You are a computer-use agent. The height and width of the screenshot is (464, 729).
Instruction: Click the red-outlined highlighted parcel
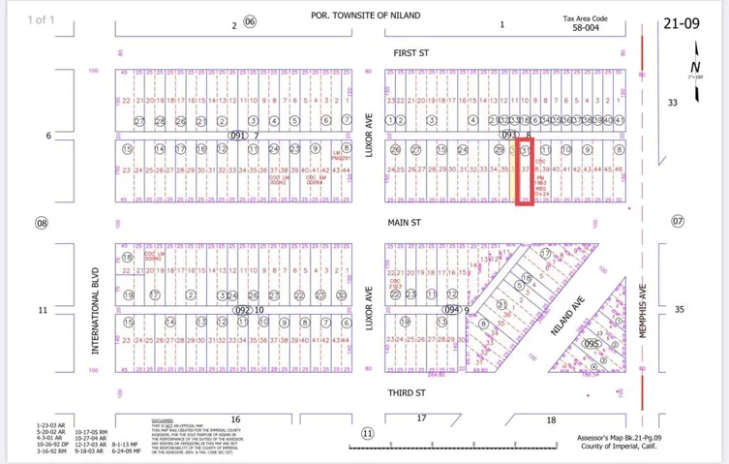tap(525, 171)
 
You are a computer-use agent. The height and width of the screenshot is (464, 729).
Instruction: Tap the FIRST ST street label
tap(410, 53)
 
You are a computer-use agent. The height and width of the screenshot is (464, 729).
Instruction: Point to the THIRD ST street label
tap(407, 392)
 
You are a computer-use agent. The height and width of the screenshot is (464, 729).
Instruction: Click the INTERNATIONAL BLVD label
tap(96, 310)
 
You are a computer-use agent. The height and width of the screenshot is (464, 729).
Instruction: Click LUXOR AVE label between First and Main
tap(369, 135)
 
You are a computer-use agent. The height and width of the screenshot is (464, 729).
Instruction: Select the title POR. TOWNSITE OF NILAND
tap(366, 15)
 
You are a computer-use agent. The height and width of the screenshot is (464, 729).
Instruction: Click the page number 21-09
tap(688, 21)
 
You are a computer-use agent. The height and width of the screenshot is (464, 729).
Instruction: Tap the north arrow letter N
tap(694, 66)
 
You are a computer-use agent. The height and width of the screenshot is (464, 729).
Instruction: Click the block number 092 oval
tap(243, 310)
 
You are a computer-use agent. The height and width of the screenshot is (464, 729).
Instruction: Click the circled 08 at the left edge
tap(42, 223)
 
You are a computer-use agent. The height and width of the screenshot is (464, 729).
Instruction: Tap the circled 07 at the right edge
tap(677, 222)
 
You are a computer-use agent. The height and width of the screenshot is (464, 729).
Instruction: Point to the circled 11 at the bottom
tap(367, 433)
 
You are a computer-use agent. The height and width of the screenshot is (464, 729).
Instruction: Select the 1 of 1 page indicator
tap(42, 19)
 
